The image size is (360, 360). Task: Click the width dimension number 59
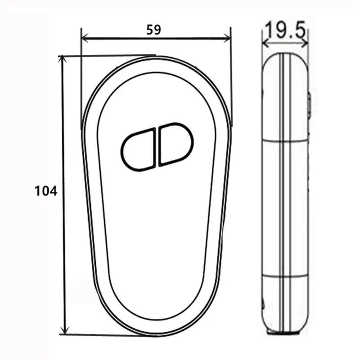click(153, 29)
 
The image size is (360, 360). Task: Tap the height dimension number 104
click(46, 191)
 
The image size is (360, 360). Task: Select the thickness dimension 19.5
click(285, 31)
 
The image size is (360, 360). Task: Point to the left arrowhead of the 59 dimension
click(84, 40)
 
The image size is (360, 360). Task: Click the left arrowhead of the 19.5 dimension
click(265, 44)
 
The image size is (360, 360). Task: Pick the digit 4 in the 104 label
click(54, 191)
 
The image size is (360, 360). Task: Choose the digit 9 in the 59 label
click(157, 29)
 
